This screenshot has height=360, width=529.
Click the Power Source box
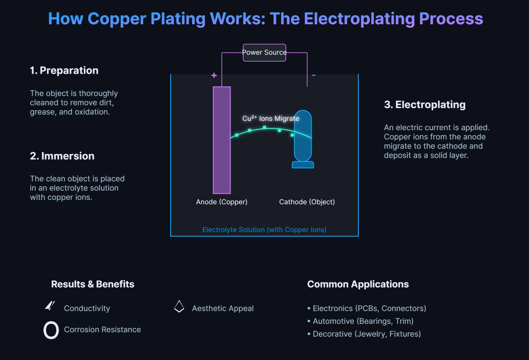point(264,52)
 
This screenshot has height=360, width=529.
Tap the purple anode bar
point(222,140)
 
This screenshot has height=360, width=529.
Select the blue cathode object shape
point(303,137)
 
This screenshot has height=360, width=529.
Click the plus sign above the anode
point(214,75)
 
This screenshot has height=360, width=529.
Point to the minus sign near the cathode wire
point(314,75)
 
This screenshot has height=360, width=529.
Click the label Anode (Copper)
point(222,202)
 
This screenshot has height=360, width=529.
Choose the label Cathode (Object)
point(307,202)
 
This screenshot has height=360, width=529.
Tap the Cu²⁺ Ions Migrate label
point(271,119)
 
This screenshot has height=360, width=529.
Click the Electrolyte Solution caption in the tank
point(264,230)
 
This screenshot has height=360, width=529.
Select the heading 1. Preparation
point(64,71)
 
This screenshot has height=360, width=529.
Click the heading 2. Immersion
point(62,156)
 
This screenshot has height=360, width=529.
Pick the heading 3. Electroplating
point(425,105)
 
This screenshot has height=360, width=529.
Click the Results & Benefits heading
point(93,285)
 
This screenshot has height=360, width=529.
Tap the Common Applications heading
point(358,285)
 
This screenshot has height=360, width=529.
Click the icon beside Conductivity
point(50,306)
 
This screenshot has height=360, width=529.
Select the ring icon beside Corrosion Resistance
point(51,330)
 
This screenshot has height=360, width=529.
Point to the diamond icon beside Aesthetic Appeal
point(179,307)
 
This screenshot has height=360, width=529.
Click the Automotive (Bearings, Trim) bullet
point(363,321)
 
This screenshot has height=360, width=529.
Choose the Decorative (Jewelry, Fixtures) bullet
point(366,334)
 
